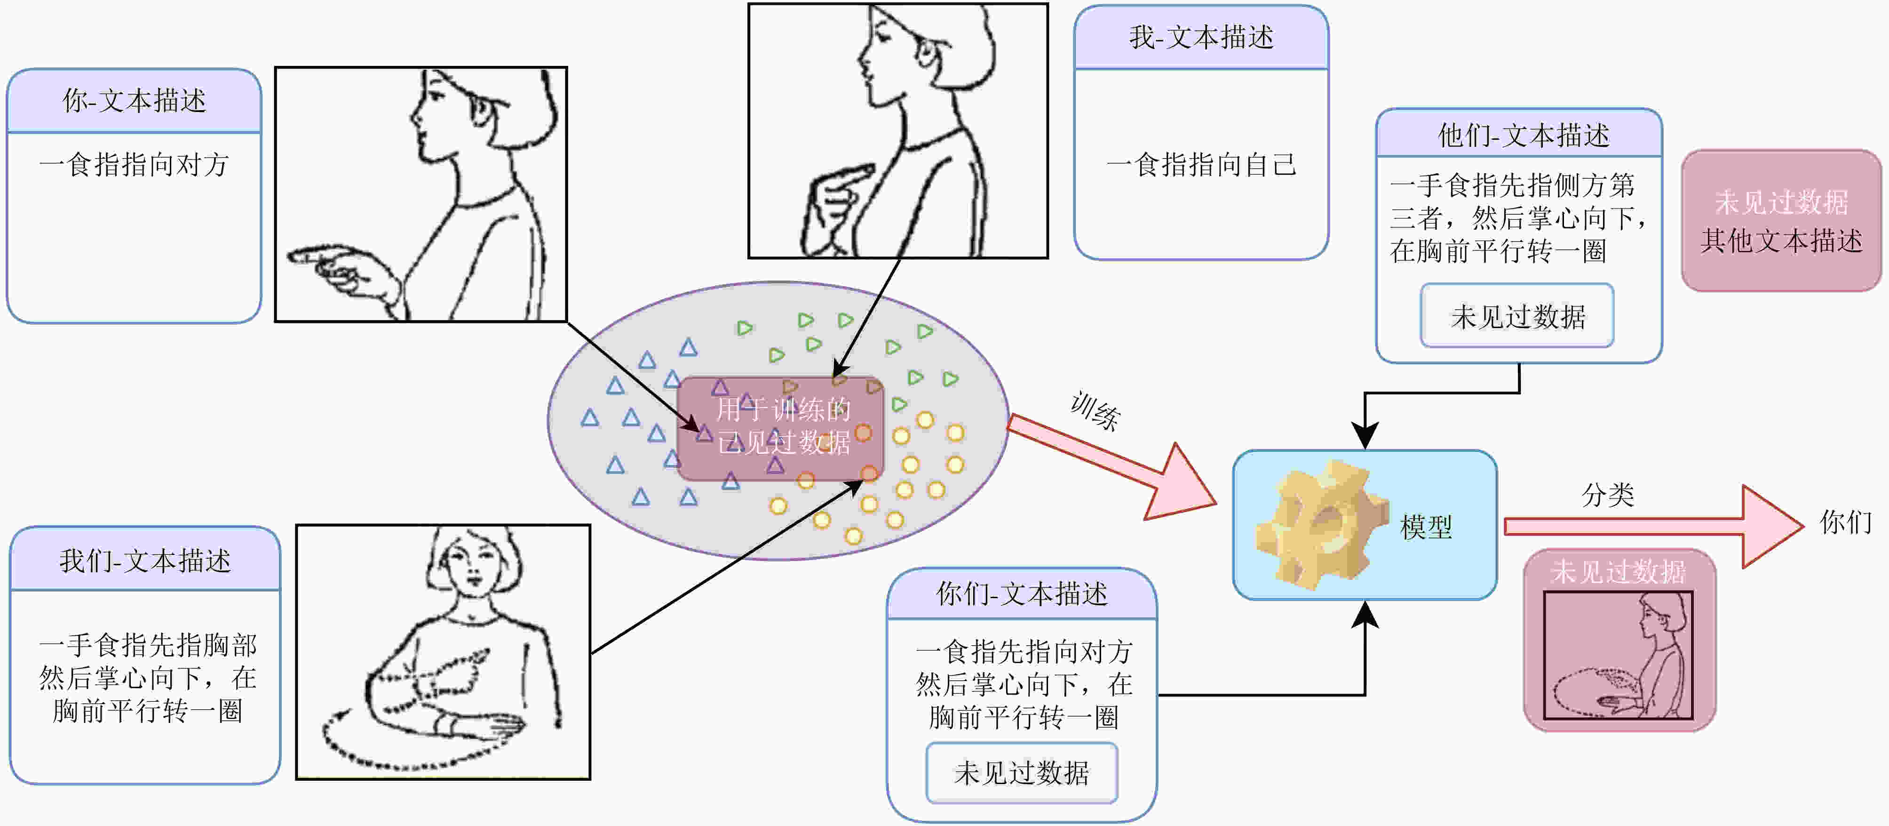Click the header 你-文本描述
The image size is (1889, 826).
pos(134,101)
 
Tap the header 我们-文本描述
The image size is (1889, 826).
pos(145,561)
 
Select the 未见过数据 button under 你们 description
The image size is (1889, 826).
pos(1022,772)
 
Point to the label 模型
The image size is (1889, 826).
pos(1426,527)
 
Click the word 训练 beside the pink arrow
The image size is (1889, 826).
pos(1095,411)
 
